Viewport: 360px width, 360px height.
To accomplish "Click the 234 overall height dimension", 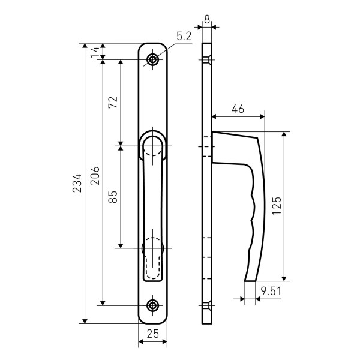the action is click(77, 183).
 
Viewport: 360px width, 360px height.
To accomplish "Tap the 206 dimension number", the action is click(95, 176).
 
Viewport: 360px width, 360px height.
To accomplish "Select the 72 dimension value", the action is click(113, 102).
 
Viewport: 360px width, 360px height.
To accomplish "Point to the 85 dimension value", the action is click(113, 197).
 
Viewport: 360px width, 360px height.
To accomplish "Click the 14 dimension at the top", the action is click(95, 52).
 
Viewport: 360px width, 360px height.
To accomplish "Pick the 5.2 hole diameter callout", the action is click(184, 36).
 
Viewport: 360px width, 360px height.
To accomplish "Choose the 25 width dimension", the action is click(153, 334).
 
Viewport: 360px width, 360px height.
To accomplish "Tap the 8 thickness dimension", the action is click(207, 20).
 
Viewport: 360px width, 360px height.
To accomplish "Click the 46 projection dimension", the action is click(238, 109).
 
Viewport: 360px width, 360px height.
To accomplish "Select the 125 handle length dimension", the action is click(277, 206).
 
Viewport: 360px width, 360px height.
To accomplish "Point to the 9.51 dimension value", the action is click(271, 292).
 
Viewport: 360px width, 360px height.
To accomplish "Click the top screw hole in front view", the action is click(152, 59).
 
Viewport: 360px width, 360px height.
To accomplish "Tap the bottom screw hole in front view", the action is click(152, 305).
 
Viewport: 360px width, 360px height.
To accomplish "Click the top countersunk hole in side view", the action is click(207, 59).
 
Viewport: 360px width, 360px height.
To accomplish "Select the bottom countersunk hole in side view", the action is click(207, 305).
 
